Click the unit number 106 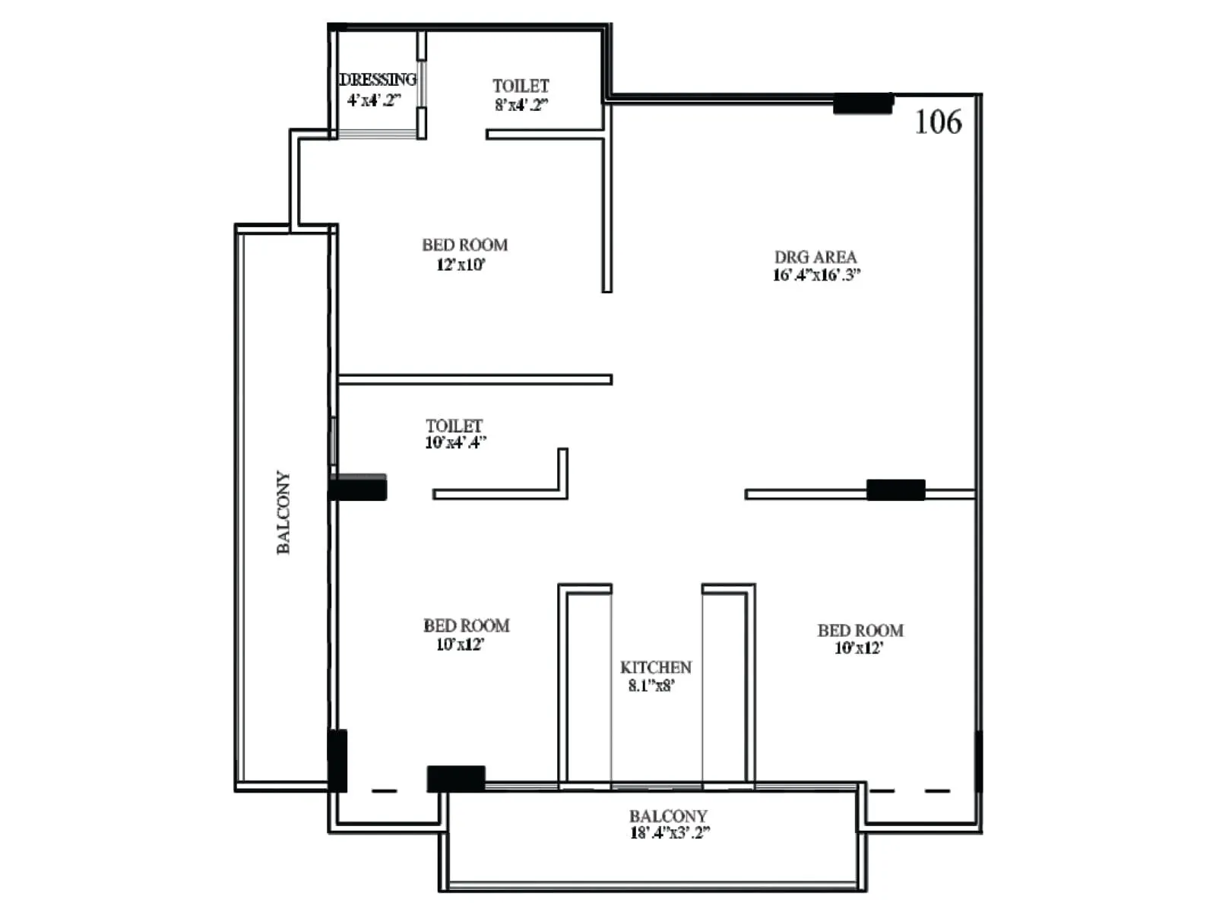pyautogui.click(x=938, y=122)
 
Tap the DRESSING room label pyautogui.click(x=378, y=79)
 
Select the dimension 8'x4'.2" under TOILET pyautogui.click(x=521, y=105)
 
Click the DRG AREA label pyautogui.click(x=815, y=257)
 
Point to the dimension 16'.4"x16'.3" pyautogui.click(x=816, y=275)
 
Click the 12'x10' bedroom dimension pyautogui.click(x=461, y=264)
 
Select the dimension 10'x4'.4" pyautogui.click(x=455, y=442)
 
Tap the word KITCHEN pyautogui.click(x=656, y=667)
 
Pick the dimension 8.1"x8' pyautogui.click(x=651, y=686)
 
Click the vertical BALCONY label pyautogui.click(x=283, y=512)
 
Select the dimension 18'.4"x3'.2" pyautogui.click(x=670, y=832)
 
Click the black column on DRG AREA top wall pyautogui.click(x=863, y=103)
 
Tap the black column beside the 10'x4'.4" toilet pyautogui.click(x=358, y=487)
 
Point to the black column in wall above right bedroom pyautogui.click(x=896, y=489)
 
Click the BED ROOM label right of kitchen pyautogui.click(x=860, y=630)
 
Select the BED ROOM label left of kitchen pyautogui.click(x=466, y=625)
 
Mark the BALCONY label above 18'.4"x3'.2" pyautogui.click(x=668, y=815)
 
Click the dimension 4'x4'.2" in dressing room pyautogui.click(x=373, y=100)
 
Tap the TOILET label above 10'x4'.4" pyautogui.click(x=454, y=426)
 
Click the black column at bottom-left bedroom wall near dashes pyautogui.click(x=456, y=778)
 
